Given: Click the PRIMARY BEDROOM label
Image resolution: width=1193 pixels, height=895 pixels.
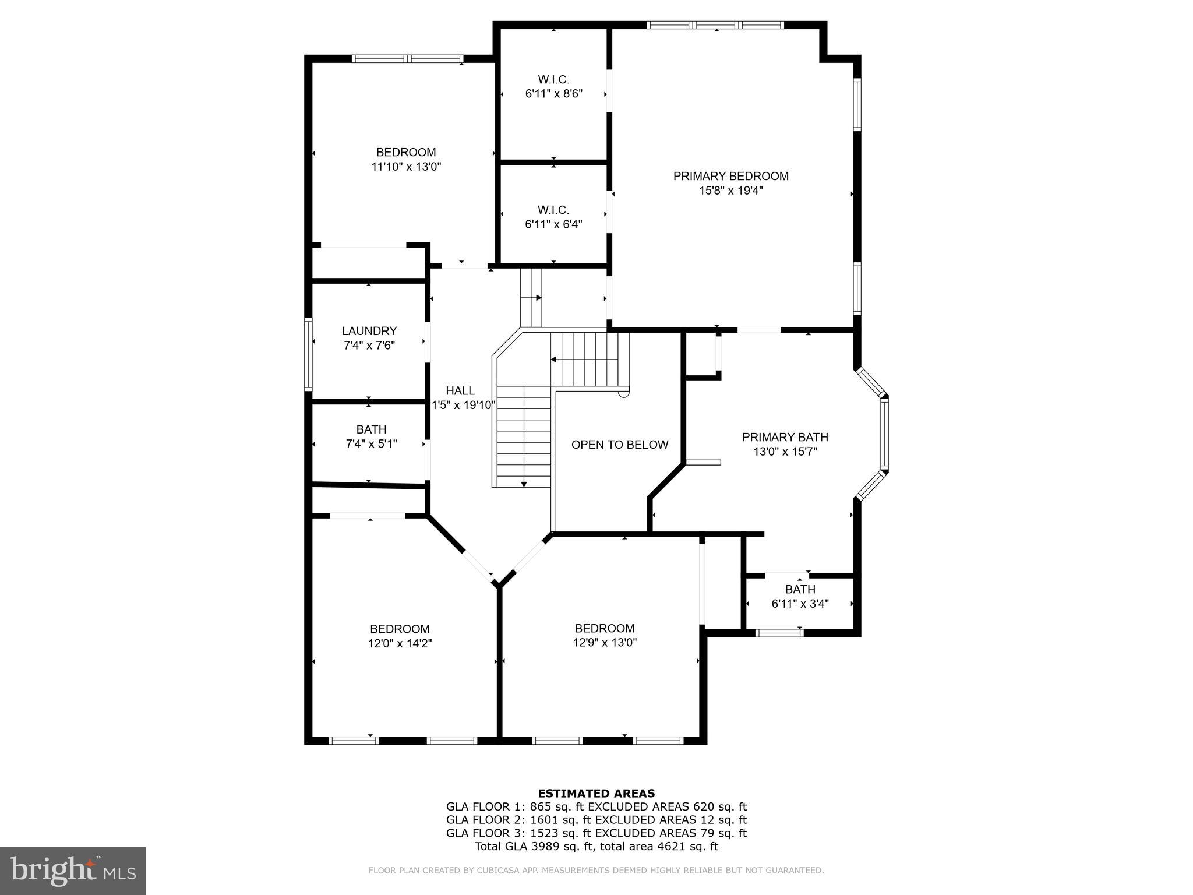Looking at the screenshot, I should pyautogui.click(x=730, y=176).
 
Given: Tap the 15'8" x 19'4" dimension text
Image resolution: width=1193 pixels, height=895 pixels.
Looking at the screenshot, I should pyautogui.click(x=730, y=191).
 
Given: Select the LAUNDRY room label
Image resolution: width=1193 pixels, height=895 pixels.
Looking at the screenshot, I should pyautogui.click(x=369, y=331).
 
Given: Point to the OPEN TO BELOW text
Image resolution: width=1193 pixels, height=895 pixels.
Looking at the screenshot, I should pyautogui.click(x=619, y=445).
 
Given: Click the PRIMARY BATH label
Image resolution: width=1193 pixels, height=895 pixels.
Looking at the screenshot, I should pyautogui.click(x=785, y=437).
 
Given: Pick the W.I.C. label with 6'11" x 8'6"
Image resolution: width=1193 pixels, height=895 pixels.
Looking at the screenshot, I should pyautogui.click(x=553, y=79).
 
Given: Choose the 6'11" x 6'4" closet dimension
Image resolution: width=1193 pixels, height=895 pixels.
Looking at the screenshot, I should pyautogui.click(x=553, y=224).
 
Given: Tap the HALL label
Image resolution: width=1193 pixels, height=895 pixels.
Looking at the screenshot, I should pyautogui.click(x=460, y=391).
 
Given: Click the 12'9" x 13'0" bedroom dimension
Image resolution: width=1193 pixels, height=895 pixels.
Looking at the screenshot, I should pyautogui.click(x=605, y=643).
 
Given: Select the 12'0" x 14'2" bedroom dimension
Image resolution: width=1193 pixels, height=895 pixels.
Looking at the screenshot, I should pyautogui.click(x=400, y=643).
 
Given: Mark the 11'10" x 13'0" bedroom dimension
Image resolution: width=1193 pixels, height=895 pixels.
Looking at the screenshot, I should pyautogui.click(x=406, y=167).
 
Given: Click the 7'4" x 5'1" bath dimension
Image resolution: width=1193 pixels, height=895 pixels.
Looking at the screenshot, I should pyautogui.click(x=371, y=444).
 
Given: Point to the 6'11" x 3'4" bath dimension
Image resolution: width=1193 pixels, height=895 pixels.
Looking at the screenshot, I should pyautogui.click(x=800, y=604).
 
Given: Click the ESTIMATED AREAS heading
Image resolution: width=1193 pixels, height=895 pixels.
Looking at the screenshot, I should pyautogui.click(x=596, y=793).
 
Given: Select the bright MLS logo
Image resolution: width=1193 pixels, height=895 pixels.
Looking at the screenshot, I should pyautogui.click(x=73, y=871).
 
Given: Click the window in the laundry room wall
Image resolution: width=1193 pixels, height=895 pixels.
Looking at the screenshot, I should pyautogui.click(x=309, y=354).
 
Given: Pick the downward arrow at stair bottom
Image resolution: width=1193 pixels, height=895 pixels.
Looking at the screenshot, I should pyautogui.click(x=524, y=484).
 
